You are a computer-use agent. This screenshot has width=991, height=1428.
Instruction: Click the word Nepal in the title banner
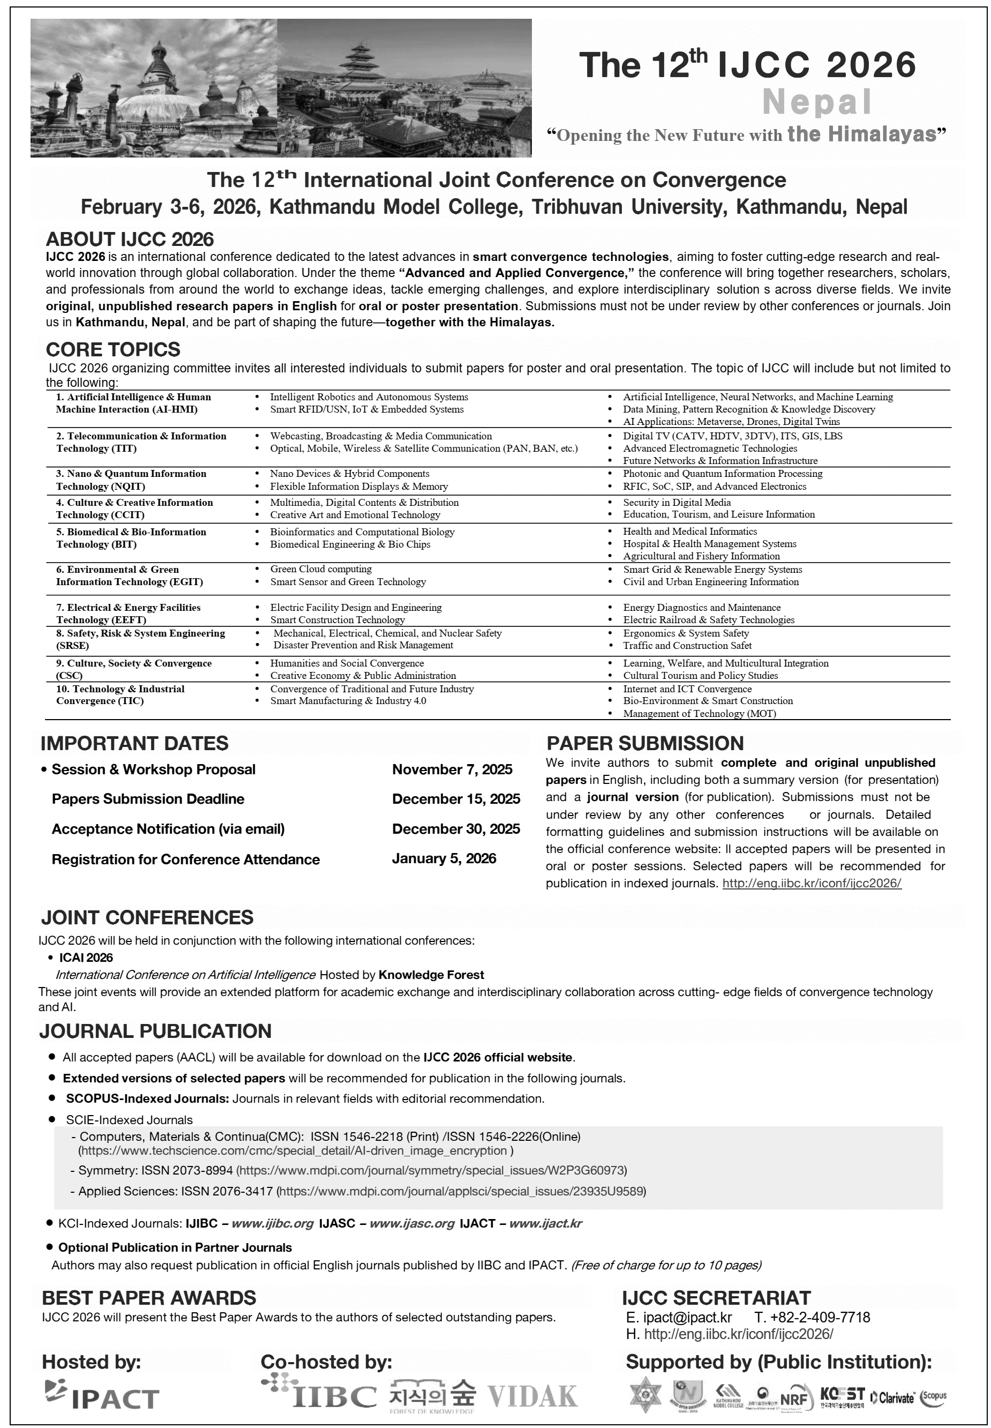816,102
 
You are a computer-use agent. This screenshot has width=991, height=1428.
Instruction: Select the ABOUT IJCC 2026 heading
129,239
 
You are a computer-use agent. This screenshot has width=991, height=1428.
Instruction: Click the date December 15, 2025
456,799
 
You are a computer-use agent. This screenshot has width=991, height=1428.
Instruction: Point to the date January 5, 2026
444,858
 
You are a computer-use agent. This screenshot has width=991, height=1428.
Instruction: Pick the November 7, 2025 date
452,769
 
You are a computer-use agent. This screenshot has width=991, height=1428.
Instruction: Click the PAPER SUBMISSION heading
644,744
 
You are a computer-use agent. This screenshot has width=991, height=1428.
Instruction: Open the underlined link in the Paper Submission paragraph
812,883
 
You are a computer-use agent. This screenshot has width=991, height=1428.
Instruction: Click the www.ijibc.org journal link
273,1223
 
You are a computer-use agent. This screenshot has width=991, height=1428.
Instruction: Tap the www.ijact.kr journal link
545,1223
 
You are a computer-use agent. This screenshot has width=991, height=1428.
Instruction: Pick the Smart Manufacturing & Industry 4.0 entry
348,701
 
